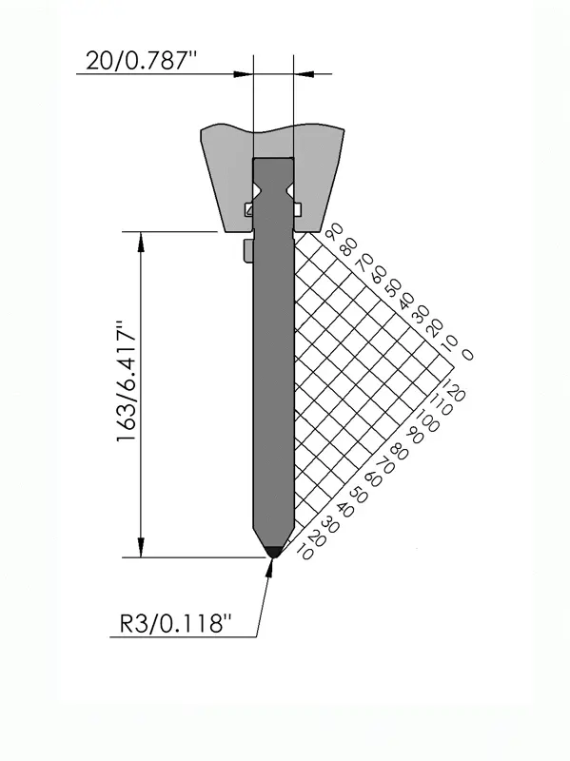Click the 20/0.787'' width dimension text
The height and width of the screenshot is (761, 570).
(141, 61)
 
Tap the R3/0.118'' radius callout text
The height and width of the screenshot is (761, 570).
(175, 624)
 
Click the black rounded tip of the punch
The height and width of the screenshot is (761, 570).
(273, 551)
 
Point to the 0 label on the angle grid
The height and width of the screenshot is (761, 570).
(467, 355)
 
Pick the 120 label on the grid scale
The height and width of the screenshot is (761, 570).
(455, 390)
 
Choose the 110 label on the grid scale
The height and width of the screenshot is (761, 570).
(442, 403)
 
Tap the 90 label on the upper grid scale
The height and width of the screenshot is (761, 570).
(335, 231)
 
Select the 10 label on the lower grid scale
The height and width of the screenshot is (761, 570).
(305, 553)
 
